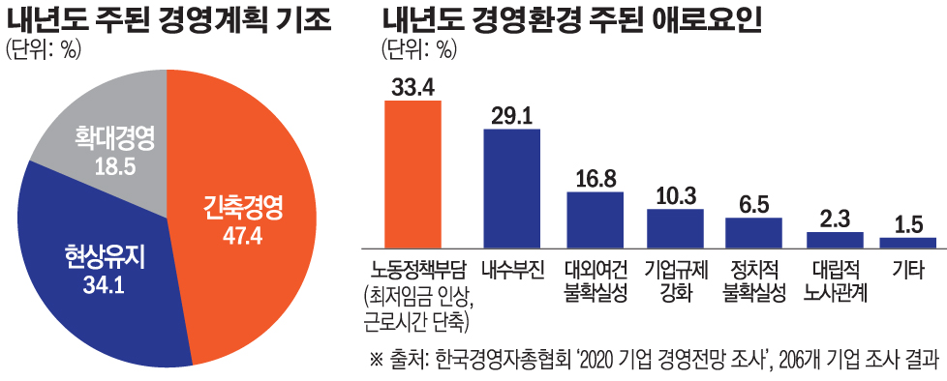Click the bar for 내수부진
[x=511, y=186]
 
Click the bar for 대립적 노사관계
[x=834, y=238]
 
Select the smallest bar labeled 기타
[x=907, y=240]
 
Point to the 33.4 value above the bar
[x=413, y=87]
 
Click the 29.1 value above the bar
[x=511, y=116]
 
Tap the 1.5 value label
[x=907, y=224]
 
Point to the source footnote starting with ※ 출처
[x=654, y=361]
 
